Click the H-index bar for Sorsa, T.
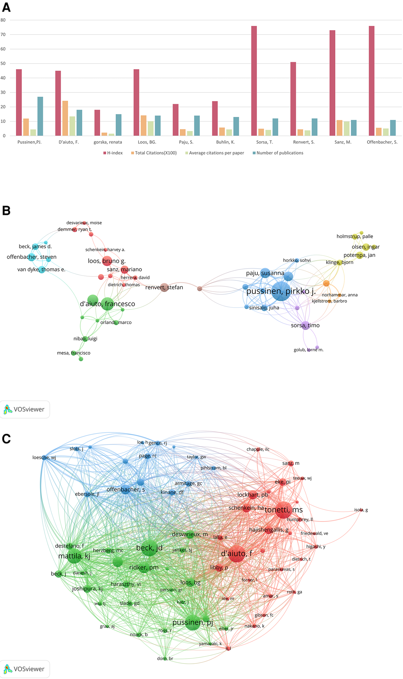254,81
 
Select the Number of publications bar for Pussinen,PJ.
40,116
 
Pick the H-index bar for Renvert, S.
293,99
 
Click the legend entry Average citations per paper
216,153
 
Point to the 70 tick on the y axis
3,35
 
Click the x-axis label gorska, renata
108,142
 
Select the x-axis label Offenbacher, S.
382,142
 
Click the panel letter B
6,211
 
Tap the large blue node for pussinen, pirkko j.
281,291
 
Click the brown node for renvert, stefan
164,287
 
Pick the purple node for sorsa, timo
306,325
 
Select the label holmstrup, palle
355,236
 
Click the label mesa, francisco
74,353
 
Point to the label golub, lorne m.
308,350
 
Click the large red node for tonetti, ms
283,510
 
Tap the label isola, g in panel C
361,510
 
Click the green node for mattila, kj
74,556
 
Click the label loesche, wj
44,458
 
